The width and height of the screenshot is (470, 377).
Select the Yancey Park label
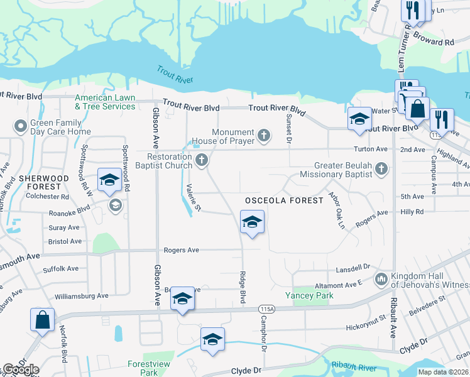(309, 295)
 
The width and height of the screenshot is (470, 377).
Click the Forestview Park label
(143, 368)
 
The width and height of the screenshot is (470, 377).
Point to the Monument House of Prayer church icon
(265, 134)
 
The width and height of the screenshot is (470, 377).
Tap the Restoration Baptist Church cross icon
(202, 160)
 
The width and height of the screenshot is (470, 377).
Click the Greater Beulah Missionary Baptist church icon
(381, 168)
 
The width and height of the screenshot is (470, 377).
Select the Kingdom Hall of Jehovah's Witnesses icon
(381, 278)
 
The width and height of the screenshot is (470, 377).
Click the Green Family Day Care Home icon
(21, 126)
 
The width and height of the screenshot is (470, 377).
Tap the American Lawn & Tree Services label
(105, 102)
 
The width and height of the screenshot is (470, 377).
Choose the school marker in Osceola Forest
(252, 222)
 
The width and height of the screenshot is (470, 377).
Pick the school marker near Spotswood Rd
(109, 180)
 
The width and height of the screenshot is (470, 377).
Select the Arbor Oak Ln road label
(337, 210)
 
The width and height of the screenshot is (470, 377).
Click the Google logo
(21, 369)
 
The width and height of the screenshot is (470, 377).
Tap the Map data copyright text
(442, 372)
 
